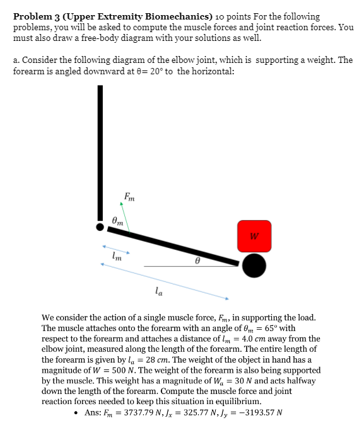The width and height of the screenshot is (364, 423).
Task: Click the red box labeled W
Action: (254, 236)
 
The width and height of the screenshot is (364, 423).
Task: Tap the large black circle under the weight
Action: (254, 266)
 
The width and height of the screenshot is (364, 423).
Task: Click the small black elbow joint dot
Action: (99, 225)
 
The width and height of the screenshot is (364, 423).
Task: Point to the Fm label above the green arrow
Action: (129, 196)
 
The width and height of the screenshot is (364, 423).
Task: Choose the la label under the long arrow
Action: (158, 290)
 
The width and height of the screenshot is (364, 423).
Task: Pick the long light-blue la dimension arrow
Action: (165, 281)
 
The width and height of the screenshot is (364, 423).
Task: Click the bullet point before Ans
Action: (76, 414)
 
